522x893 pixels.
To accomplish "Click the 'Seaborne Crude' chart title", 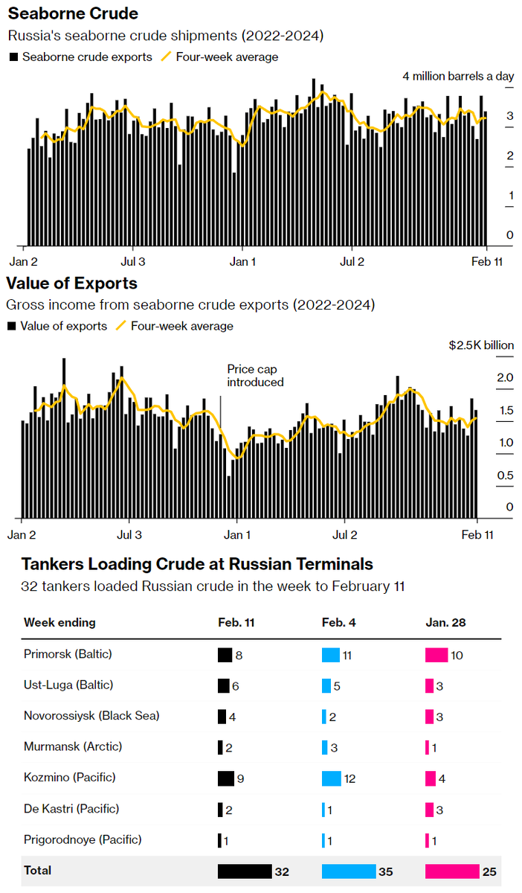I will (x=73, y=14).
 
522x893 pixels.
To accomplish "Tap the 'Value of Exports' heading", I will (x=71, y=284).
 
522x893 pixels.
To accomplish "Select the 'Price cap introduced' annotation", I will (x=255, y=375).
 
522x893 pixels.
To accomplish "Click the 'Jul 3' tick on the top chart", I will (x=133, y=262).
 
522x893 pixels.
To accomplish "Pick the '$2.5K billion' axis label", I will (x=481, y=345).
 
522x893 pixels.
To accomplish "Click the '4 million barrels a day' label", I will (x=458, y=76).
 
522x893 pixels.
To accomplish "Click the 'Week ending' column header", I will (x=59, y=622).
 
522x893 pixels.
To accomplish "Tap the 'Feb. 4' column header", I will (x=338, y=622).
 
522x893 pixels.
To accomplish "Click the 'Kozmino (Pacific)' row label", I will (x=69, y=778).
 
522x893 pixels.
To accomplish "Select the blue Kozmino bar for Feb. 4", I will (x=331, y=778).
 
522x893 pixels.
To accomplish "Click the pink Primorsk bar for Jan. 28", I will (x=436, y=655).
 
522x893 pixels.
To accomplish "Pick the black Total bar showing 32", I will (x=244, y=871).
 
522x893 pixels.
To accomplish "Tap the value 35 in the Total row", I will (x=386, y=871).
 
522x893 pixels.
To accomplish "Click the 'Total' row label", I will (x=37, y=870).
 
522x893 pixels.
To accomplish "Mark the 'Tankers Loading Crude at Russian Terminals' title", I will (x=197, y=564).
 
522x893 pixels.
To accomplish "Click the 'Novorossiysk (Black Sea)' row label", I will (x=91, y=716).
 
